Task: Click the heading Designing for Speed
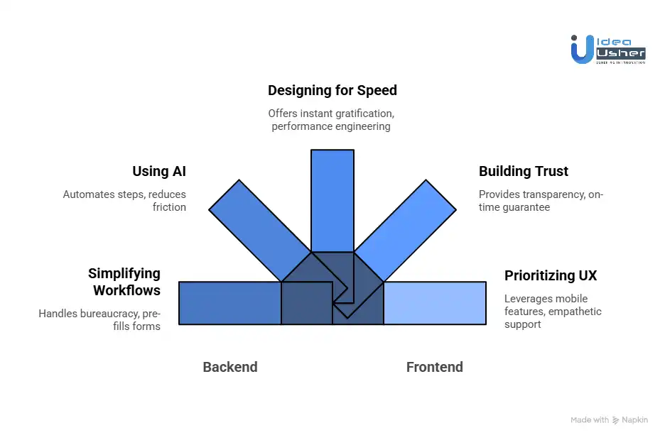point(332,90)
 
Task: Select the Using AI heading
point(159,171)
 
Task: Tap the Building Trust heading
point(524,171)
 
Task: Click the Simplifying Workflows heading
point(124,282)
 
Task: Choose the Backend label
point(229,367)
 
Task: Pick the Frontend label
point(434,367)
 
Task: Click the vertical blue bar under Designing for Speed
point(332,199)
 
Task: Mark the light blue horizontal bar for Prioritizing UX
point(435,303)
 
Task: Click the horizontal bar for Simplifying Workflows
point(229,303)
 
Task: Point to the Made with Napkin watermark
point(609,420)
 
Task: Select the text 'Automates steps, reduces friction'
point(124,201)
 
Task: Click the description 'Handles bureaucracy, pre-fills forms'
point(99,319)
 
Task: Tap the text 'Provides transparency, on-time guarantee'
point(541,201)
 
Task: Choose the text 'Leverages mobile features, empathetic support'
point(553,311)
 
